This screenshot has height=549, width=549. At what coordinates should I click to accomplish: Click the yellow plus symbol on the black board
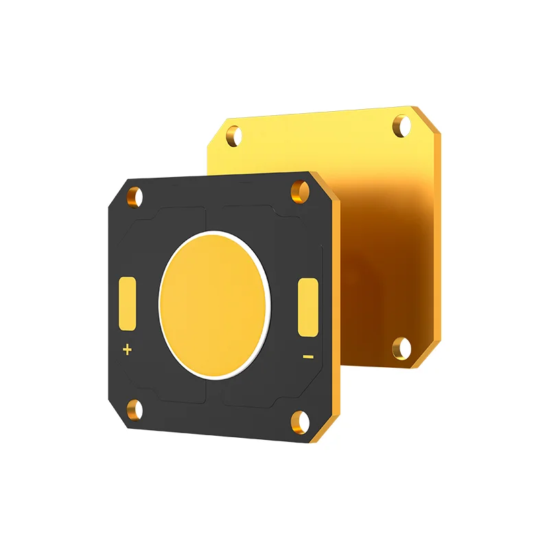pos(126,350)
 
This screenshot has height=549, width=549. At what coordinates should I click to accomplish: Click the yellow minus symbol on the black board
pos(308,356)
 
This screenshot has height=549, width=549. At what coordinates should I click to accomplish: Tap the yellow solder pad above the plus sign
pos(128,303)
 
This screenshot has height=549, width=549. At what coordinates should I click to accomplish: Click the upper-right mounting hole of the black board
pos(300,190)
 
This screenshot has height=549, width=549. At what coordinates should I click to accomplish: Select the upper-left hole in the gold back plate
pos(234,135)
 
